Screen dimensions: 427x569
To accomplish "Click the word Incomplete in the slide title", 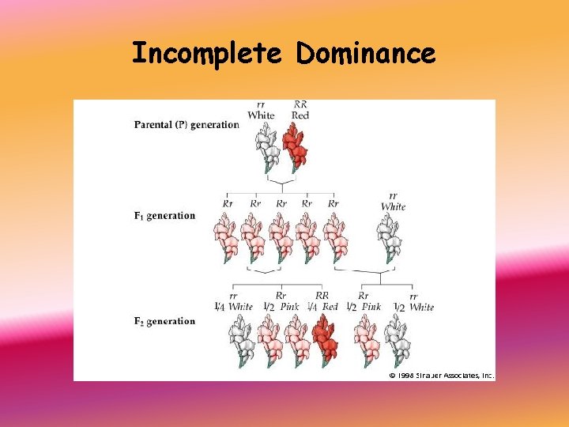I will (206, 54).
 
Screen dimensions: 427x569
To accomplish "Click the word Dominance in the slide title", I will (366, 54).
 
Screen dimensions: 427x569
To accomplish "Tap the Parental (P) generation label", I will (187, 124).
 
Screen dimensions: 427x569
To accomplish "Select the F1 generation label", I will (164, 215).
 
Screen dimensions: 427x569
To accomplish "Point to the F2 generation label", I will (164, 321).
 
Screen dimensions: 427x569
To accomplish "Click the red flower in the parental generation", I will (296, 149).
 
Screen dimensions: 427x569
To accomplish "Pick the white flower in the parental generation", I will (267, 149).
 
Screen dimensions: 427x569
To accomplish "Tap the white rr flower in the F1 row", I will (390, 239).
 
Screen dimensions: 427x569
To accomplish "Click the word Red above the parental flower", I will (300, 115).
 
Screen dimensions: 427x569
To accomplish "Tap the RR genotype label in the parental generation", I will (300, 104).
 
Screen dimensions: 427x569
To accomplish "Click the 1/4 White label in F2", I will (234, 307).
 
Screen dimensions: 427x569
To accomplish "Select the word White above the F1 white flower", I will (393, 206).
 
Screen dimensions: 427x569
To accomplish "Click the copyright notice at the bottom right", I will (440, 376).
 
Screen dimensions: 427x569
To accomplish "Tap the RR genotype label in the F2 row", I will (322, 297).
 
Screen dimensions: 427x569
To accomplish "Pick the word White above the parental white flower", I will (261, 115).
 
